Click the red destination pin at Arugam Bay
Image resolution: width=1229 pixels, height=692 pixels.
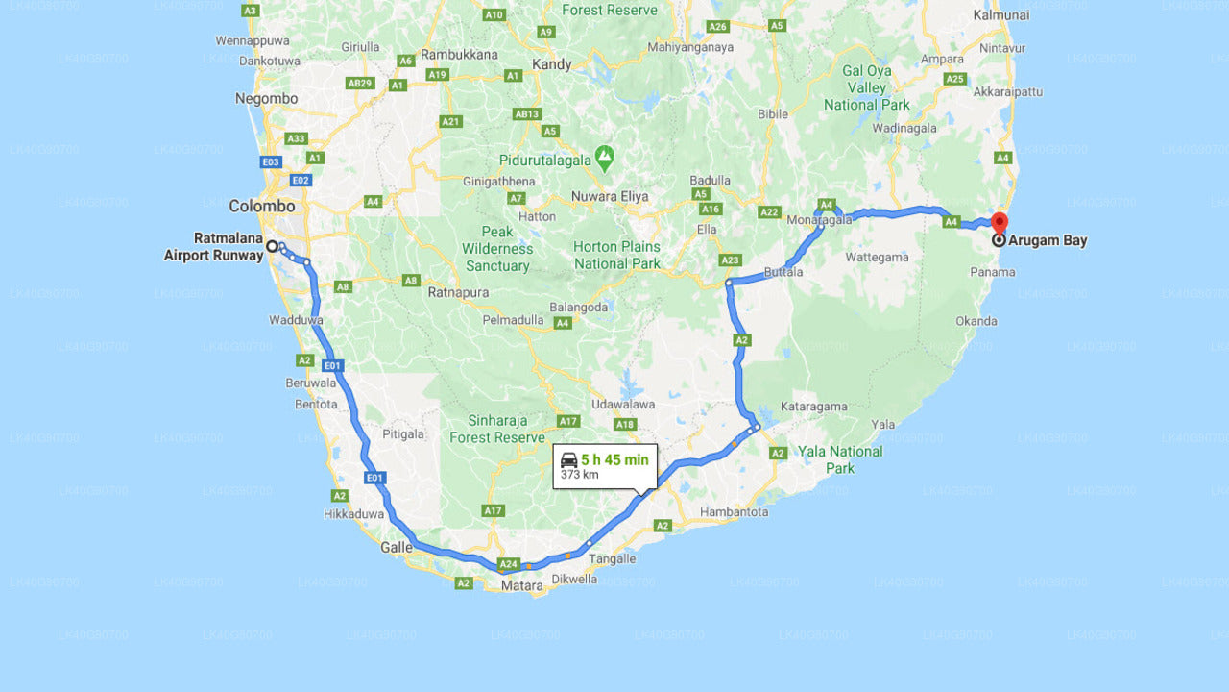pos(999,222)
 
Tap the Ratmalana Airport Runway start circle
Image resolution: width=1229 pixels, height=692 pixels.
pos(272,246)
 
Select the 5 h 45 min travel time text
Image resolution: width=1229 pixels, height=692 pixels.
pos(614,459)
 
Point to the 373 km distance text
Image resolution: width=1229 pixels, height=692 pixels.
pos(579,475)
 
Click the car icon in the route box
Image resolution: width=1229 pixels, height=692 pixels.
pos(568,459)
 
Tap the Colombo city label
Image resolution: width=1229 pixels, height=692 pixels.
pos(261,206)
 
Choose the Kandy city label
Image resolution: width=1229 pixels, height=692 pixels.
pos(551,64)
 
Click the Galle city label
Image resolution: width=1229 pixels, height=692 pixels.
pos(397,547)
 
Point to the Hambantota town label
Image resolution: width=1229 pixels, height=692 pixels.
pos(735,512)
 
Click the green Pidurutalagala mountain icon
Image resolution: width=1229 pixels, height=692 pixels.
pos(604,155)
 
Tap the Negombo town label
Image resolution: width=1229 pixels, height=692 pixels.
pos(266,98)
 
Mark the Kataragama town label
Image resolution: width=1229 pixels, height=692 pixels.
pos(813,407)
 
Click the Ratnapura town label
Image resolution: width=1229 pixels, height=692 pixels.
pos(458,292)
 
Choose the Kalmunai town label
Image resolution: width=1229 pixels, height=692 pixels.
pos(1000,15)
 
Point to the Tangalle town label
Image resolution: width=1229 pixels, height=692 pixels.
pos(612,558)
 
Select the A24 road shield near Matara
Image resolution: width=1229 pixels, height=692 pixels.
pos(508,564)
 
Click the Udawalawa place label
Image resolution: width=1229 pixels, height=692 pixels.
pos(622,405)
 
